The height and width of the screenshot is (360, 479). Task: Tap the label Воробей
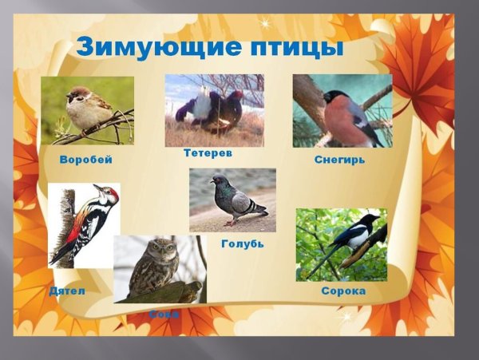85,160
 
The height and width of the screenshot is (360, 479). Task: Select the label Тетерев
208,152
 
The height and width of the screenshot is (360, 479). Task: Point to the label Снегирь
340,160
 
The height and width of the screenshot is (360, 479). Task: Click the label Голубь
242,243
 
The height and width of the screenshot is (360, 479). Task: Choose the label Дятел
67,291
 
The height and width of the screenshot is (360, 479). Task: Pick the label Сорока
343,291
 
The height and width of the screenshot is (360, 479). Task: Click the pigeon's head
218,180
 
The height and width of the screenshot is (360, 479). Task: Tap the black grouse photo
214,109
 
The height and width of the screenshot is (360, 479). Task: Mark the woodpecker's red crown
112,192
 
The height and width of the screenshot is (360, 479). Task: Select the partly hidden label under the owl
164,314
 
